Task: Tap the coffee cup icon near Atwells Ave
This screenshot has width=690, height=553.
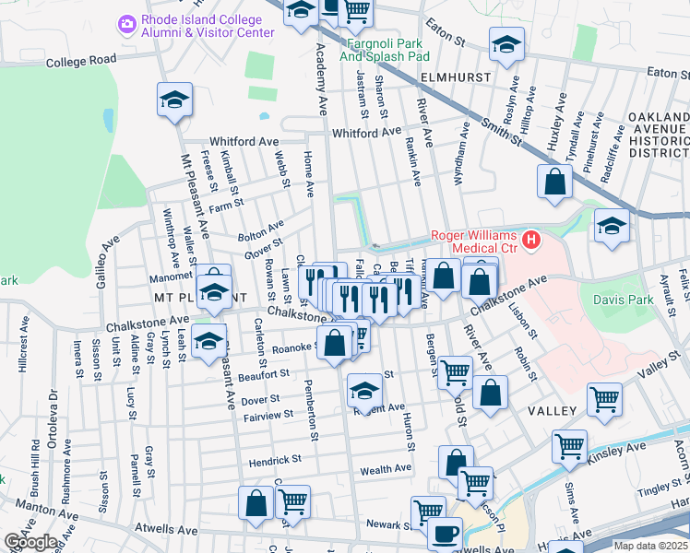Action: pos(446,534)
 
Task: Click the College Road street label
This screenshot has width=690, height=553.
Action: pos(80,60)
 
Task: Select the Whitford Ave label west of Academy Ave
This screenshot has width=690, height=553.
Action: pos(244,142)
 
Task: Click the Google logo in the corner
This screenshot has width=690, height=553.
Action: pos(30,542)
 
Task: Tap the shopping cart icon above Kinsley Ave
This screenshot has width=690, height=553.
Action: pos(569,446)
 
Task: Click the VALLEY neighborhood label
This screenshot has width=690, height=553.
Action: pos(552,410)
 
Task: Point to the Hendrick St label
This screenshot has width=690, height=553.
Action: pos(275,459)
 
